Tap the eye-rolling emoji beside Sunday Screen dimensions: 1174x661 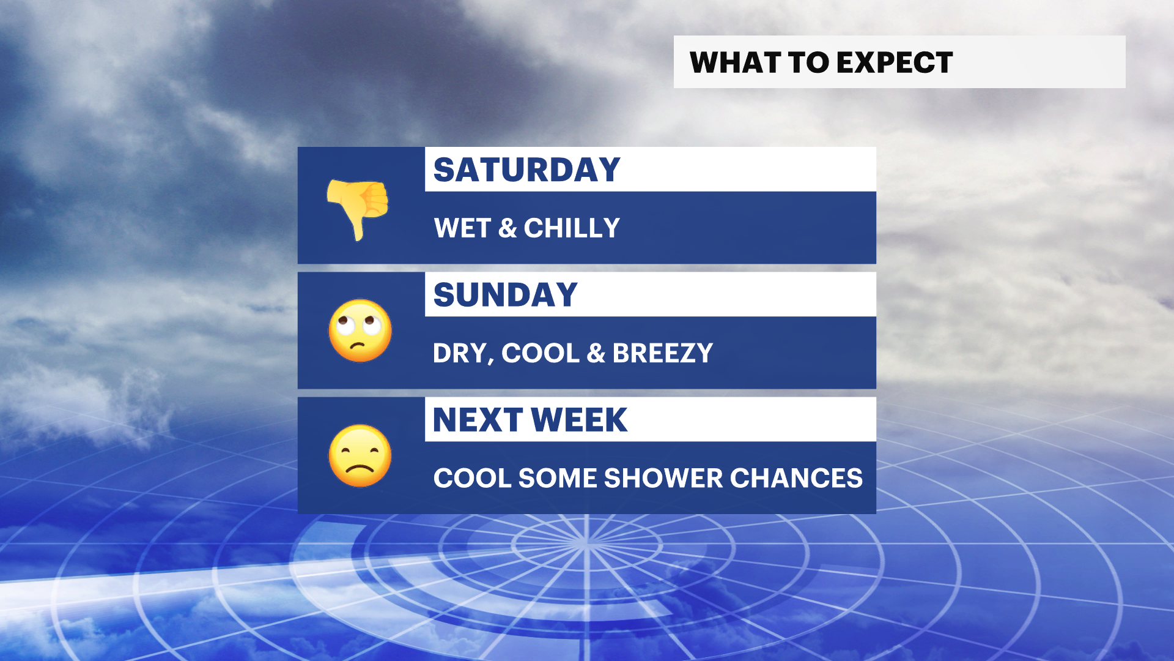pyautogui.click(x=360, y=330)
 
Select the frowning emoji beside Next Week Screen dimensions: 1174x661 pyautogui.click(x=360, y=456)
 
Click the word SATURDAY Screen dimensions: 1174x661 pyautogui.click(x=526, y=170)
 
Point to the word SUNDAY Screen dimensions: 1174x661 pyautogui.click(x=505, y=294)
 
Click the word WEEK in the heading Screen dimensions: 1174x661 pyautogui.click(x=579, y=420)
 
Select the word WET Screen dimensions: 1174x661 pyautogui.click(x=462, y=228)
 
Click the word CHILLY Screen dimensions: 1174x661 pyautogui.click(x=572, y=228)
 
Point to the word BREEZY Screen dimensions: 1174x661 pyautogui.click(x=663, y=353)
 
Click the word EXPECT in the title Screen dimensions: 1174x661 pyautogui.click(x=895, y=62)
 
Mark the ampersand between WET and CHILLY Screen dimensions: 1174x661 pyautogui.click(x=508, y=228)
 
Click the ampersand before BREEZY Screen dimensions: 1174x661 pyautogui.click(x=596, y=353)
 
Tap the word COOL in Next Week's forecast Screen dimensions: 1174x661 pyautogui.click(x=472, y=478)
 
